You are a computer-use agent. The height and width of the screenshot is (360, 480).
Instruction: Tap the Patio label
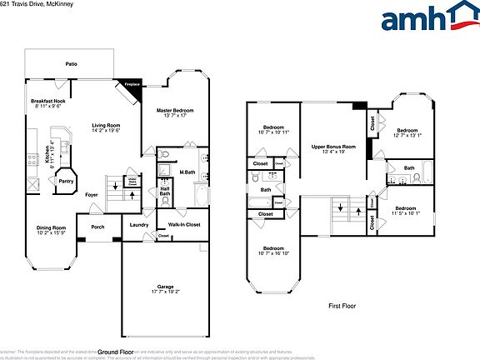[72, 63]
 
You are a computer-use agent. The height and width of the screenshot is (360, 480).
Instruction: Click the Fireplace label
[132, 84]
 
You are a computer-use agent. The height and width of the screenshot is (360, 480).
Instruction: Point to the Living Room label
[106, 125]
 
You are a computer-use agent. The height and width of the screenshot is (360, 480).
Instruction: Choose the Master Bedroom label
[175, 111]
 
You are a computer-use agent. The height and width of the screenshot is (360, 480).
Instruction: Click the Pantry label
[65, 181]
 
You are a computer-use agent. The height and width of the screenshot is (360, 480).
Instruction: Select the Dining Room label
[51, 227]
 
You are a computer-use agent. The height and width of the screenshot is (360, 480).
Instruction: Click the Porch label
[97, 226]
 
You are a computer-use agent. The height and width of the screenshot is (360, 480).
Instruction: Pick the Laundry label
[138, 223]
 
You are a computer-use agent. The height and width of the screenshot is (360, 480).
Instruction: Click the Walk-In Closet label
[183, 224]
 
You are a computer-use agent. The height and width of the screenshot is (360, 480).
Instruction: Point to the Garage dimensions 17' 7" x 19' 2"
[166, 292]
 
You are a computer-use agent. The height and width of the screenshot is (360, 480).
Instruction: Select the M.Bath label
[187, 173]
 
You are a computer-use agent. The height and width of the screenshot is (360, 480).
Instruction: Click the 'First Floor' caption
[341, 306]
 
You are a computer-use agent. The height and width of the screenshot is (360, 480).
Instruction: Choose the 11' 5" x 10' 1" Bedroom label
[406, 210]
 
